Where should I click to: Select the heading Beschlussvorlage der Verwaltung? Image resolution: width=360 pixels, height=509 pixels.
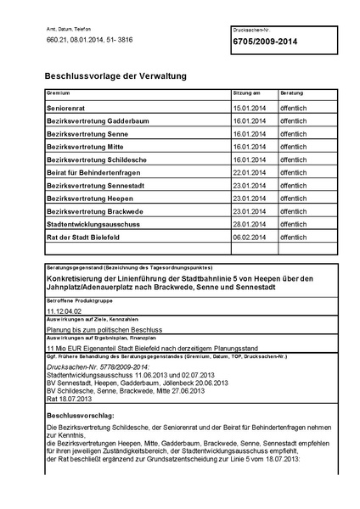pyautogui.click(x=115, y=76)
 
